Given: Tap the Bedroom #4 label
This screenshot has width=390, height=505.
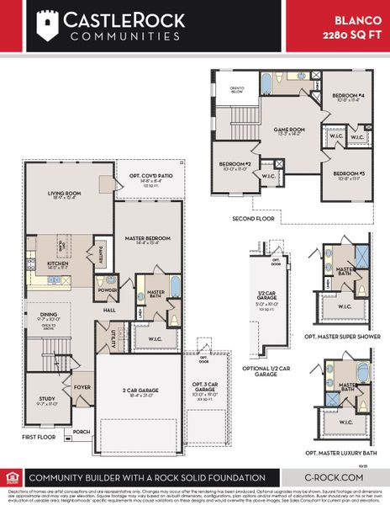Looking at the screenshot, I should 345,98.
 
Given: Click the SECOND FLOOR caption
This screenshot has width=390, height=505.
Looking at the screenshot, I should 253,219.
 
